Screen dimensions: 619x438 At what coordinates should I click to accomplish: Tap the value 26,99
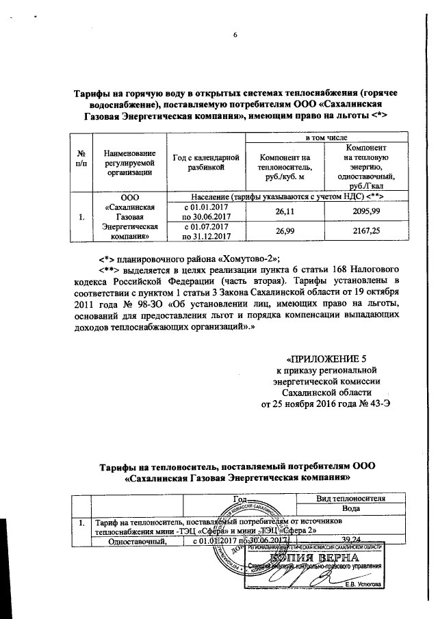[x=284, y=232]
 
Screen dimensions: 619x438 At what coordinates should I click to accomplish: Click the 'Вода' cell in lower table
[x=350, y=510]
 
